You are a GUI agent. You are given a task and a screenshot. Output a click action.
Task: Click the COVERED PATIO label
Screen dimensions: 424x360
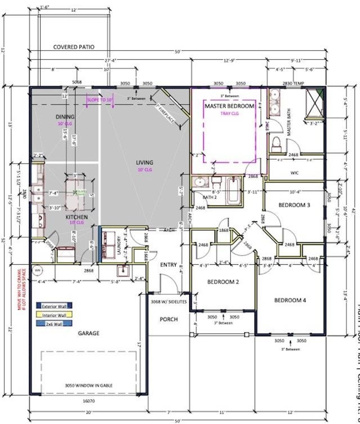coord(74,47)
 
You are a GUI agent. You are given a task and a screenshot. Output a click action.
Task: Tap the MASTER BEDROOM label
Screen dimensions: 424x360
coord(229,106)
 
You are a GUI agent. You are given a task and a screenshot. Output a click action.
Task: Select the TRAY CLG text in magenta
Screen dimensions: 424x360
coord(229,113)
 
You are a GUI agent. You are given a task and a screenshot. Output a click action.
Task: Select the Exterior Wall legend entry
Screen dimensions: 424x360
coord(54,306)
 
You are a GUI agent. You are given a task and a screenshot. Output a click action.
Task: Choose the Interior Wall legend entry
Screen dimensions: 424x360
coord(54,315)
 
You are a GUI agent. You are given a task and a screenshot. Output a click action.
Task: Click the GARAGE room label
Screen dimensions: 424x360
coord(89,333)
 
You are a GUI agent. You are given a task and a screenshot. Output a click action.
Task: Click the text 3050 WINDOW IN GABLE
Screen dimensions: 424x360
coord(89,385)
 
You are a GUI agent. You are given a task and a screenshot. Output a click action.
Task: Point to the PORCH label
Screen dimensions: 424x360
coord(169,319)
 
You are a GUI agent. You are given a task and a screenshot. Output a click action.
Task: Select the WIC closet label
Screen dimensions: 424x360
coord(294,173)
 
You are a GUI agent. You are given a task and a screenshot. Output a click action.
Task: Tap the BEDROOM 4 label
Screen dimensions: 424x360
coord(290,300)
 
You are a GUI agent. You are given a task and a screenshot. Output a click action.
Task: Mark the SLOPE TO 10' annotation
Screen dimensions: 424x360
coord(100,100)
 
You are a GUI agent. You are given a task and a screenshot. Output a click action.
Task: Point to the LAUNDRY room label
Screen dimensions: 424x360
coord(119,245)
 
